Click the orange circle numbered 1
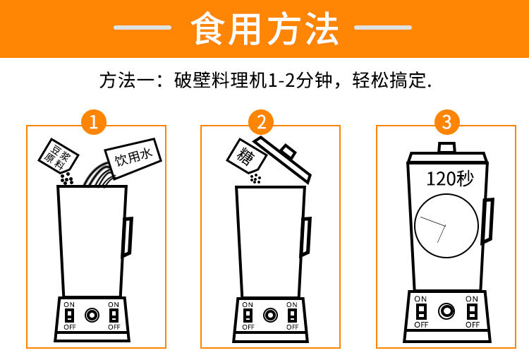point(94,122)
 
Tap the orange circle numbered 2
point(261,122)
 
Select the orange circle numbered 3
point(446,122)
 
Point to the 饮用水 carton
point(133,157)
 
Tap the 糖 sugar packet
point(247,156)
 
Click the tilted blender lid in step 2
point(283,159)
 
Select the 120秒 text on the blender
point(450,179)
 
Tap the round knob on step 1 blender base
point(92,315)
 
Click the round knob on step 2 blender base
point(270,315)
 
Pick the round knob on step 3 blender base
point(446,311)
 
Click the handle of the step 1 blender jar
point(128,237)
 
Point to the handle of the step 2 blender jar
point(306,237)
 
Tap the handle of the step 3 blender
point(488,220)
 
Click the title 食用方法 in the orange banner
point(264,28)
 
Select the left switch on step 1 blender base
point(70,316)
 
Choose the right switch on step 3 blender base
point(472,311)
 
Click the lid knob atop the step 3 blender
point(446,148)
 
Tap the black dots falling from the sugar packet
point(255,179)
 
